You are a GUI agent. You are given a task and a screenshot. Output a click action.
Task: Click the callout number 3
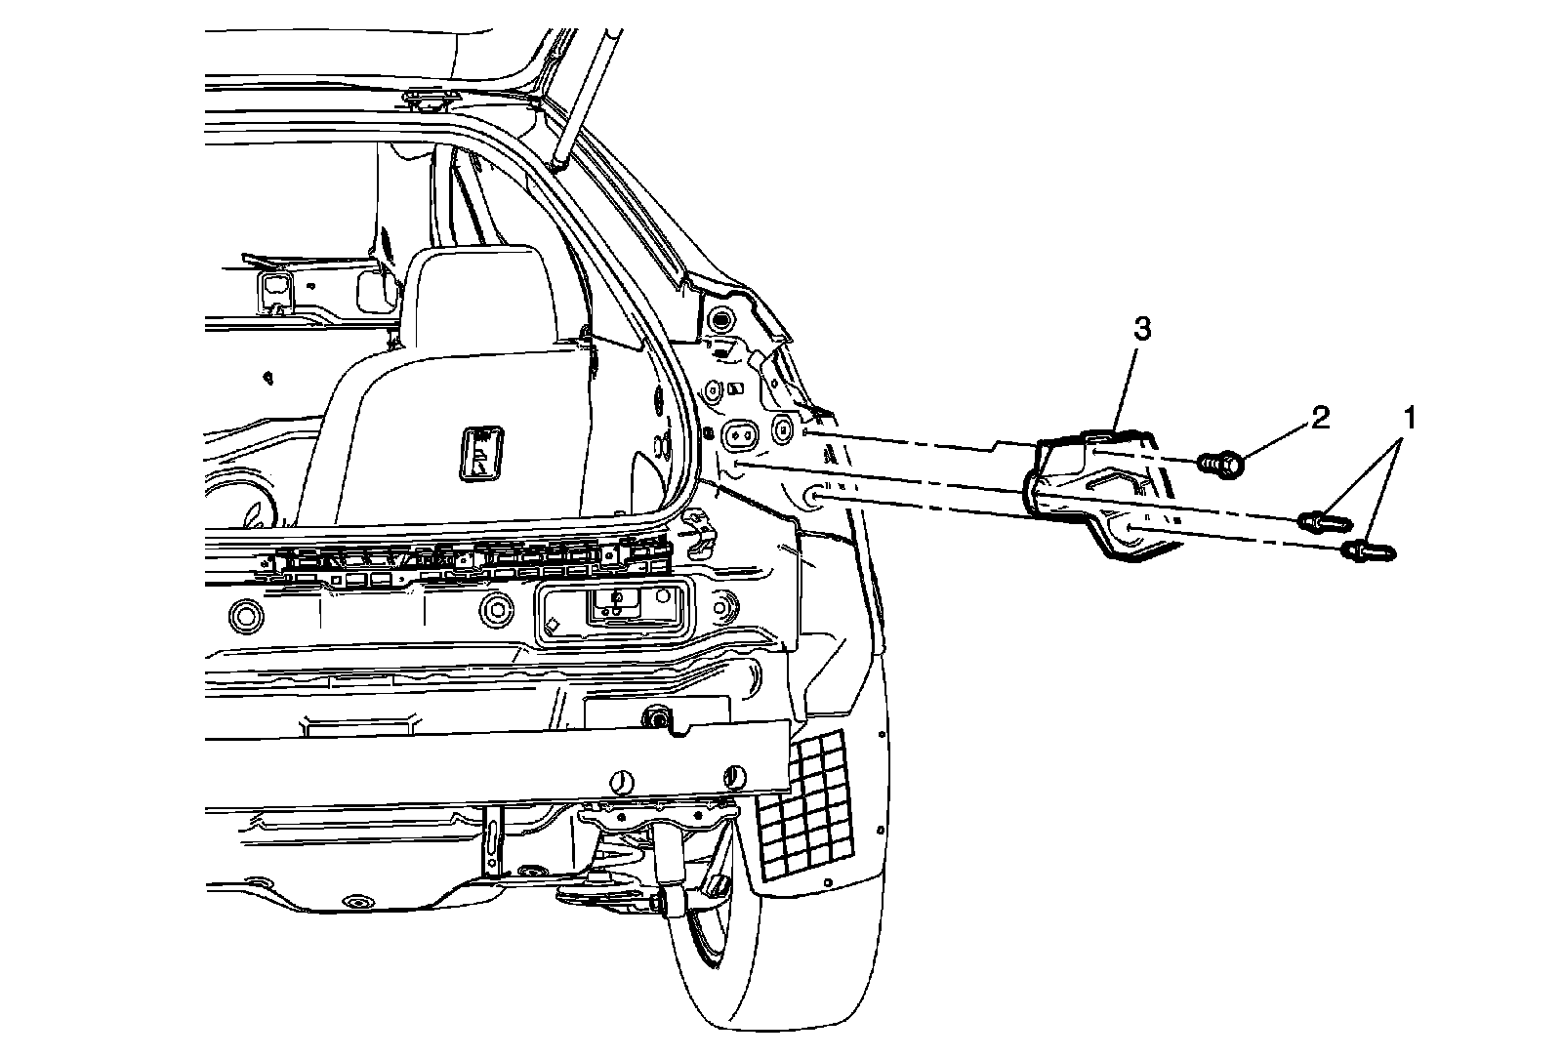[x=1141, y=329]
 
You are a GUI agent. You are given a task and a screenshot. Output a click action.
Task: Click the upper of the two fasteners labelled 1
[x=1323, y=520]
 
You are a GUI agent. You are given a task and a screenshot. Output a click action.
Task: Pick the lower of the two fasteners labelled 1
[x=1369, y=551]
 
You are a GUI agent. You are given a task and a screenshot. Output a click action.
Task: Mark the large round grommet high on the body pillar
[x=722, y=319]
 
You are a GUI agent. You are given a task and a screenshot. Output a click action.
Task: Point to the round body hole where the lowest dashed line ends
[x=811, y=498]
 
